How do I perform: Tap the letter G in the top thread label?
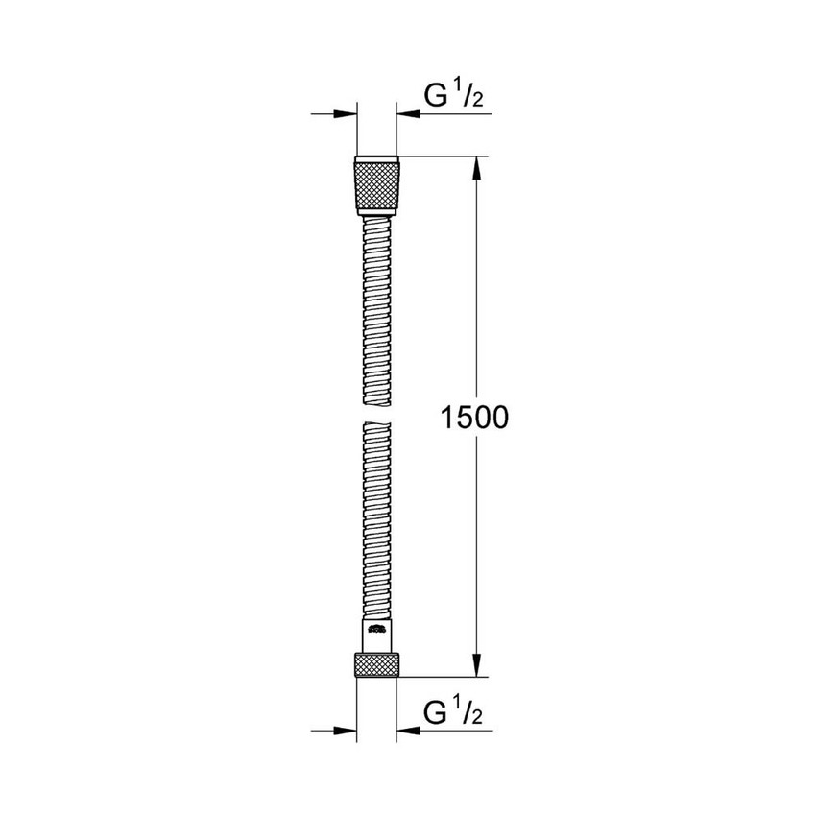pos(436,96)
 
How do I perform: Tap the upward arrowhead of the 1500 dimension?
pos(474,168)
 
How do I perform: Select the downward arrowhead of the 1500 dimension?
pos(474,663)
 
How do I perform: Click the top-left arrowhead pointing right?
pos(345,115)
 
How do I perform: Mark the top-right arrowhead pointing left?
pos(405,115)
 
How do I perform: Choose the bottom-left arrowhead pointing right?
pos(345,732)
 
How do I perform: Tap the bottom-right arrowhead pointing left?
pos(405,732)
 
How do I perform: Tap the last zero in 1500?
pos(494,417)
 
